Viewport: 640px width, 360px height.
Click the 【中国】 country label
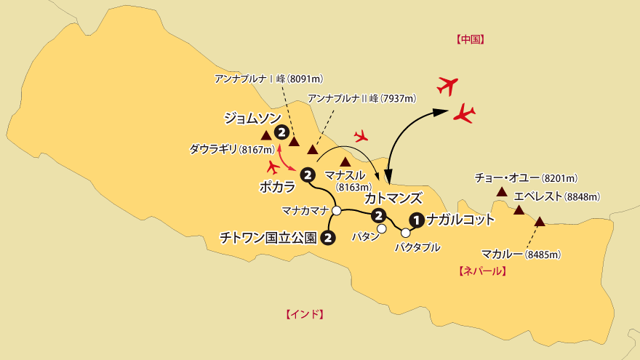(470, 40)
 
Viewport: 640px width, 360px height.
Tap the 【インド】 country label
(304, 314)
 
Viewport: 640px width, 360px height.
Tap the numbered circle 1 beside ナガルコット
(416, 219)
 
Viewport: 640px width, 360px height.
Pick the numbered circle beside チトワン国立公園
(328, 237)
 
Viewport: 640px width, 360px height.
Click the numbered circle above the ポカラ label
(307, 175)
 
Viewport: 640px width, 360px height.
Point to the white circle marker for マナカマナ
(337, 210)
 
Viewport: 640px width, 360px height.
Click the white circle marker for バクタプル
(405, 233)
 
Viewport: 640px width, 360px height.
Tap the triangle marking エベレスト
(519, 210)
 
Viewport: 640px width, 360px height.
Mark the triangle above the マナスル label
(346, 161)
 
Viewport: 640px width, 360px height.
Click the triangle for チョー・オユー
(501, 192)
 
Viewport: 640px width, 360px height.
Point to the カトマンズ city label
(393, 197)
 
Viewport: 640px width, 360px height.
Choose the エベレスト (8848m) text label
(556, 196)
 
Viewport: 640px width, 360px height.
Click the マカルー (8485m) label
(522, 254)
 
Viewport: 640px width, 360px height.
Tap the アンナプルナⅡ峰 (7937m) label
(361, 97)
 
